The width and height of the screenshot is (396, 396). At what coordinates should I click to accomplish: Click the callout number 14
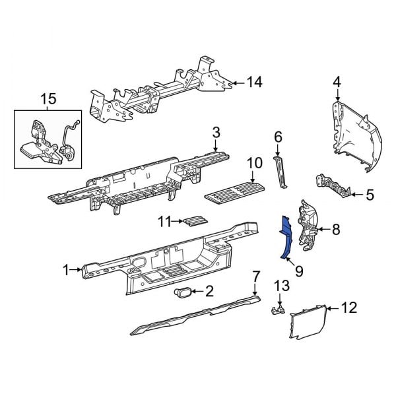point(254,82)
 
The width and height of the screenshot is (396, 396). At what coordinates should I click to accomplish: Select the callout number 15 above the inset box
point(48,100)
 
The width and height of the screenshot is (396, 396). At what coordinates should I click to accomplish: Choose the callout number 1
point(66,269)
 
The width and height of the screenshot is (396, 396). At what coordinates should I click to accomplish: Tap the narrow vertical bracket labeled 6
point(280,173)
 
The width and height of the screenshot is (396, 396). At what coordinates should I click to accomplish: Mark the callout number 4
point(337,82)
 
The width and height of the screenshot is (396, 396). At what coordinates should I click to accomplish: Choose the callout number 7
point(255,276)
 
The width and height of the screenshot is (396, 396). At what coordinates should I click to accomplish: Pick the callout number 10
point(254,163)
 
